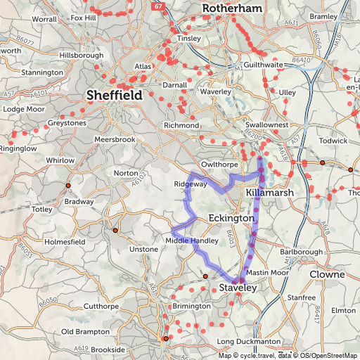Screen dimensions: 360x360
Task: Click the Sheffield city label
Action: point(113,95)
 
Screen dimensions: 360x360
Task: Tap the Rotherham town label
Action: point(232,8)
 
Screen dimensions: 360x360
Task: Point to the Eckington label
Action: point(231,219)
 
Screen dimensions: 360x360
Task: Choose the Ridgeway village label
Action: point(191,184)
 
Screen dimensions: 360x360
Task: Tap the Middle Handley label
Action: point(191,240)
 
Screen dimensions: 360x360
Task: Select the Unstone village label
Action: point(144,250)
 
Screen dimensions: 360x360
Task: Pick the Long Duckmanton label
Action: point(244,342)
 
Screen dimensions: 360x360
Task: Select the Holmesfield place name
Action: point(64,242)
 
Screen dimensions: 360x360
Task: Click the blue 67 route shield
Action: point(156,6)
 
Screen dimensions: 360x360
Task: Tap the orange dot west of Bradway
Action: point(68,185)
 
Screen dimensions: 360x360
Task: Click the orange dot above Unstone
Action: point(115,230)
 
